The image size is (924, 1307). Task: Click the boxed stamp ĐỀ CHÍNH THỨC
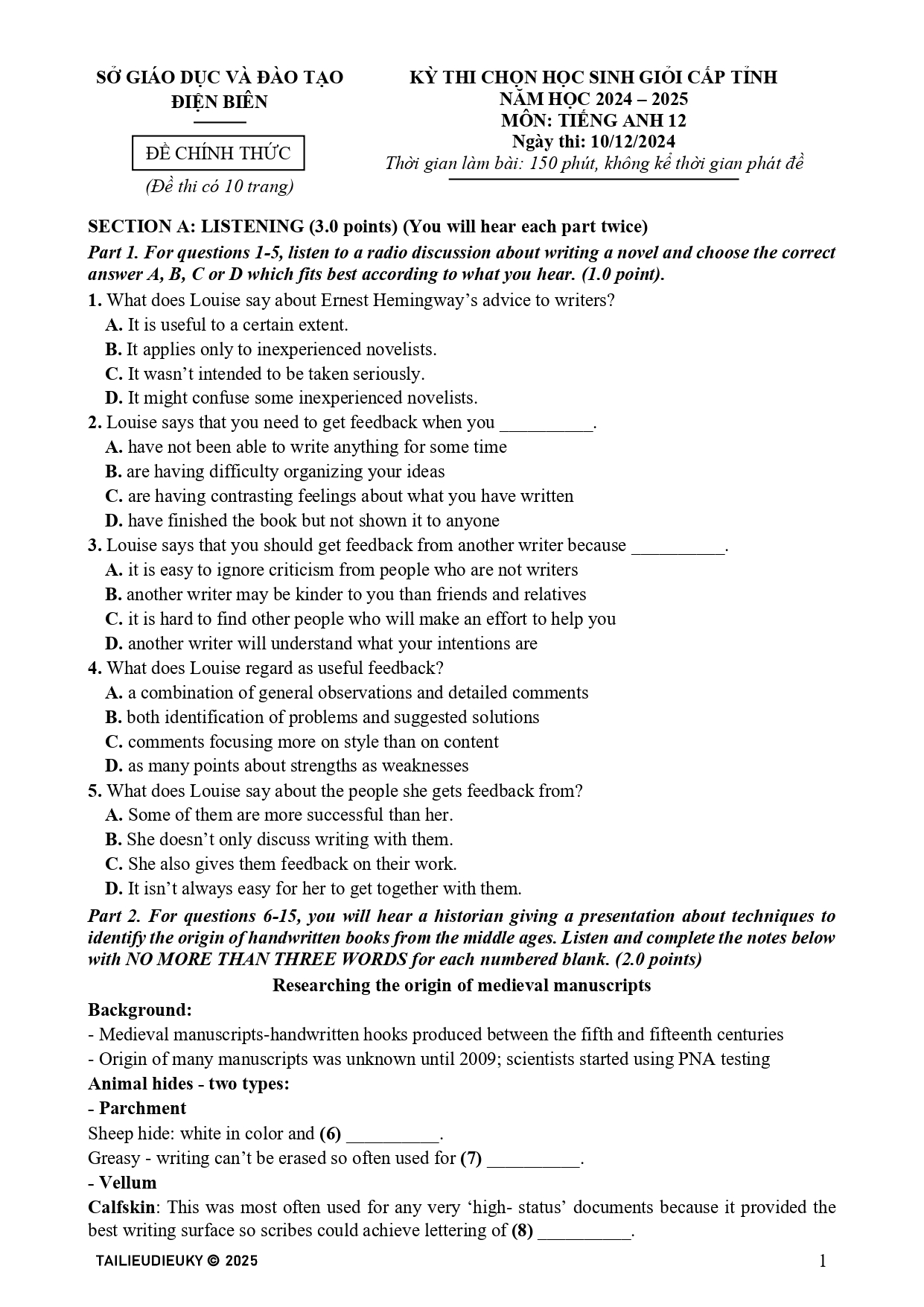coord(218,153)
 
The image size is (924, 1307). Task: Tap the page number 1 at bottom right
coord(823,1260)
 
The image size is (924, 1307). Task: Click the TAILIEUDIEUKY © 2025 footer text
coord(176,1260)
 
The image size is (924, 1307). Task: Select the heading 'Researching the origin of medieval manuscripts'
coord(461,985)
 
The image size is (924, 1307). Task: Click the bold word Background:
coord(140,1010)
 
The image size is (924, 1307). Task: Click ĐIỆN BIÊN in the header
coord(219,101)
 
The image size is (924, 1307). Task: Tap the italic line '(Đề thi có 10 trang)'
coord(219,186)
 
